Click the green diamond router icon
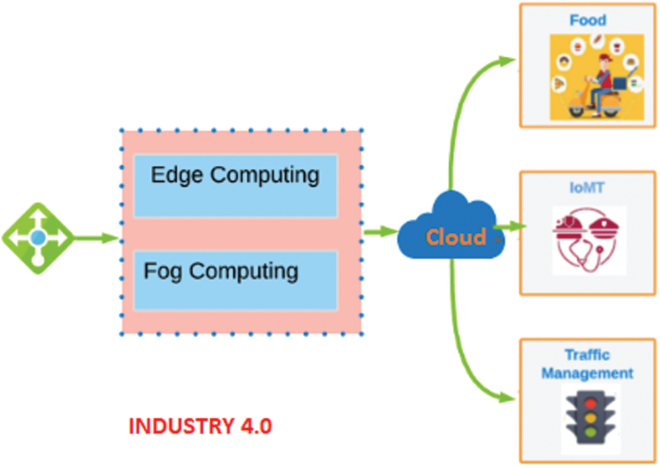pos(38,238)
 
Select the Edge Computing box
pos(235,186)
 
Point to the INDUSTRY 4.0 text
pos(200,426)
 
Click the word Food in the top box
pos(587,20)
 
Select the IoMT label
pos(587,189)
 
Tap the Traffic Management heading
pos(587,364)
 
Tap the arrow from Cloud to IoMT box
pos(511,227)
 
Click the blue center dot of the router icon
pos(38,238)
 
